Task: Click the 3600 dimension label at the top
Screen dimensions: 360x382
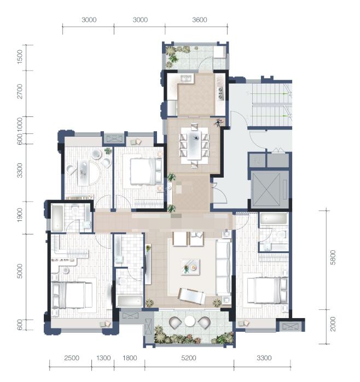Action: point(200,20)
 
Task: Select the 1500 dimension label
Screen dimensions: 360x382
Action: point(20,57)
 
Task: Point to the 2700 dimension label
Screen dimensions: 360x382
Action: point(20,91)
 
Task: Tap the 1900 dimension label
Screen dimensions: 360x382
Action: point(20,215)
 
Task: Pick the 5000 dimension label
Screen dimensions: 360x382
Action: point(20,271)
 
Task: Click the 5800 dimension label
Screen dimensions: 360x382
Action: point(333,257)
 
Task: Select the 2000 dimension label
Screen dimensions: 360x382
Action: point(333,324)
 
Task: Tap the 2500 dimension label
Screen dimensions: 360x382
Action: point(72,358)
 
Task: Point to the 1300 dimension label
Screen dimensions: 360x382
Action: point(103,358)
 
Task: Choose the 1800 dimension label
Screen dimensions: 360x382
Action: point(130,358)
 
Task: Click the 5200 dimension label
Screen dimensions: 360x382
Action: point(189,358)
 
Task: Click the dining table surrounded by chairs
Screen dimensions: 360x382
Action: point(194,145)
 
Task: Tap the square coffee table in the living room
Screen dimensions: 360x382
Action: point(190,267)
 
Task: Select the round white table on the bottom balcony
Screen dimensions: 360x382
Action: point(189,321)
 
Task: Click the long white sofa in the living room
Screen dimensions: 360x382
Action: point(223,267)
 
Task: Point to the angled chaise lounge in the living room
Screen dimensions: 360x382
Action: point(191,296)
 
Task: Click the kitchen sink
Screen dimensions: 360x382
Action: point(187,79)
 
